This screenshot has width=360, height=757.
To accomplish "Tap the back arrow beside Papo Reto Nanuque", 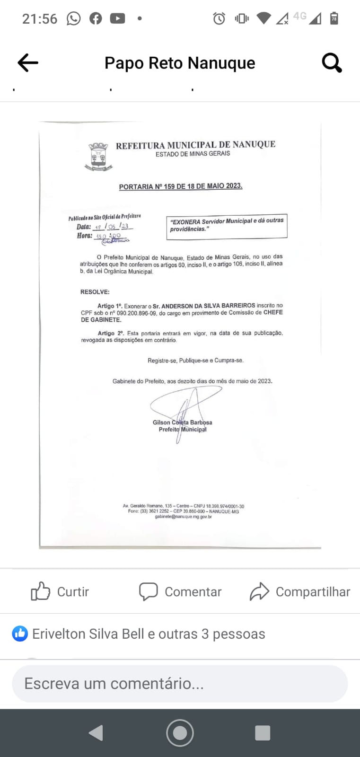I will coord(28,62).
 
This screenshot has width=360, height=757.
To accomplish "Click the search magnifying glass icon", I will coord(332,62).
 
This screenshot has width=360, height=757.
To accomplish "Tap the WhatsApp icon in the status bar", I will coord(73,18).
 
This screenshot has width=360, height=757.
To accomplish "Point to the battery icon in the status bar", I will coord(334,18).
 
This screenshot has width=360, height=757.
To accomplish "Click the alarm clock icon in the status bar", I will coord(219,18).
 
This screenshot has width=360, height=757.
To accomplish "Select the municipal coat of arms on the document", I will coord(98,156).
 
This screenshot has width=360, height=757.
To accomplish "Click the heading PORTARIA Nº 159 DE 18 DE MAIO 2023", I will coord(180,186).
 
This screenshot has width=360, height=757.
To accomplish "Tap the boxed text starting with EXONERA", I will coord(226,225).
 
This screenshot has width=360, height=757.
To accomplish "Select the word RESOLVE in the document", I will coord(95,292).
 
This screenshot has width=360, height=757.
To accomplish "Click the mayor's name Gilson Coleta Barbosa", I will coord(182,423).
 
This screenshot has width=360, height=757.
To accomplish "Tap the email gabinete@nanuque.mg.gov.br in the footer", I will coord(183,517).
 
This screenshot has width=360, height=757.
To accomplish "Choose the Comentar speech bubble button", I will coord(180,591).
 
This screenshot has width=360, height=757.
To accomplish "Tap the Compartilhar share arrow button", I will coord(300,591).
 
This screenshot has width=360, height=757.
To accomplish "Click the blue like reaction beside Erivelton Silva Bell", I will coord(20,634).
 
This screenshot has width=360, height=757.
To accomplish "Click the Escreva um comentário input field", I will coord(180,684).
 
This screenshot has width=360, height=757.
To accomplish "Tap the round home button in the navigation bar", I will coord(180,733).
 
